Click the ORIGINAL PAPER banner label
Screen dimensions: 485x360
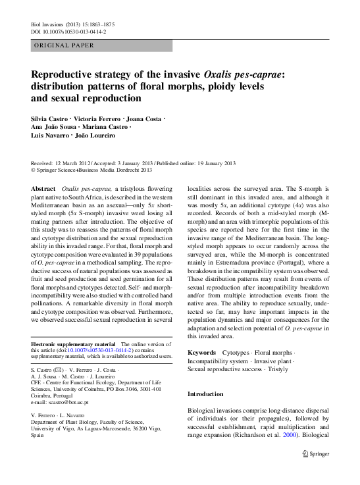point(64,45)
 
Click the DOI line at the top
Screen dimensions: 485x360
point(68,31)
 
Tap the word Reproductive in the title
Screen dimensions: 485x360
point(68,75)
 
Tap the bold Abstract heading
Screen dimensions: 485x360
point(43,188)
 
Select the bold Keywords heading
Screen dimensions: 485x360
point(201,353)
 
